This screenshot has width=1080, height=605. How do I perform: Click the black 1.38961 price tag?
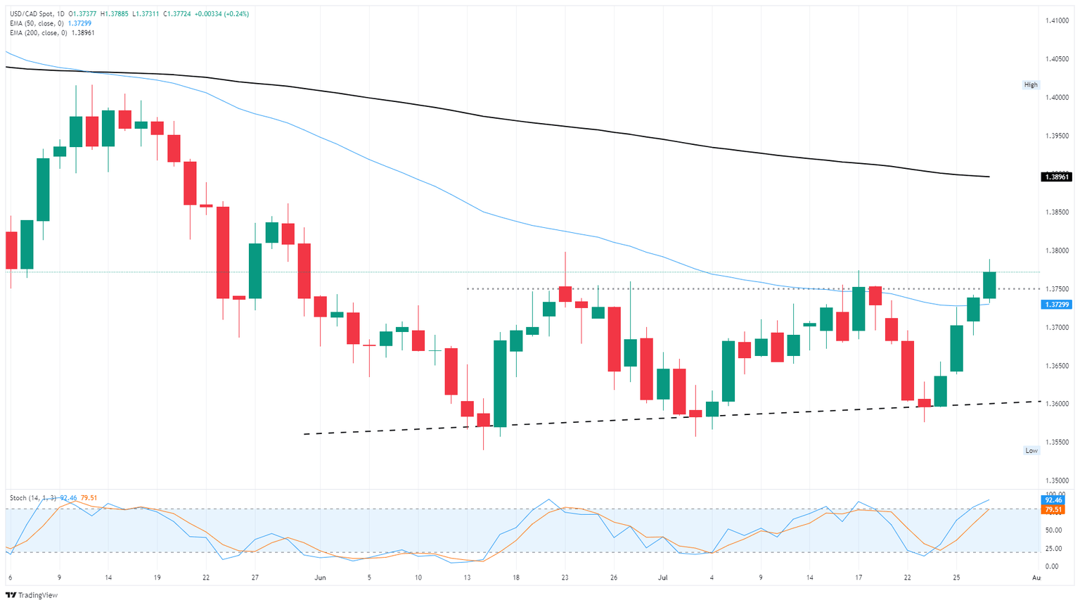(1056, 177)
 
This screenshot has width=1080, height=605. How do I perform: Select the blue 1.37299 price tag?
(1056, 305)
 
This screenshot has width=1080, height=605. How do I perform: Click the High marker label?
(1030, 85)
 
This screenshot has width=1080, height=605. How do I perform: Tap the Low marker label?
(1031, 450)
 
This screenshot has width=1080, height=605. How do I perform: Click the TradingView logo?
(33, 595)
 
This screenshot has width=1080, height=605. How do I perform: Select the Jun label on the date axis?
(320, 578)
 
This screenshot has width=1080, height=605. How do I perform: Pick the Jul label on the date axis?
(662, 578)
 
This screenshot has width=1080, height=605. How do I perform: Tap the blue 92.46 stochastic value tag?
(1056, 500)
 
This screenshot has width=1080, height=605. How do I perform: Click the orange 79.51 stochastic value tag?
(1056, 509)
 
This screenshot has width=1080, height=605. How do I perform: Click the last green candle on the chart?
(989, 285)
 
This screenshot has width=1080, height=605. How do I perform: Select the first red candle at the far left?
(11, 250)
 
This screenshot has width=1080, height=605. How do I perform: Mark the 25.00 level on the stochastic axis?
(1053, 548)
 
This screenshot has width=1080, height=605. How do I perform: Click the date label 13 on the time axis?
(467, 578)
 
